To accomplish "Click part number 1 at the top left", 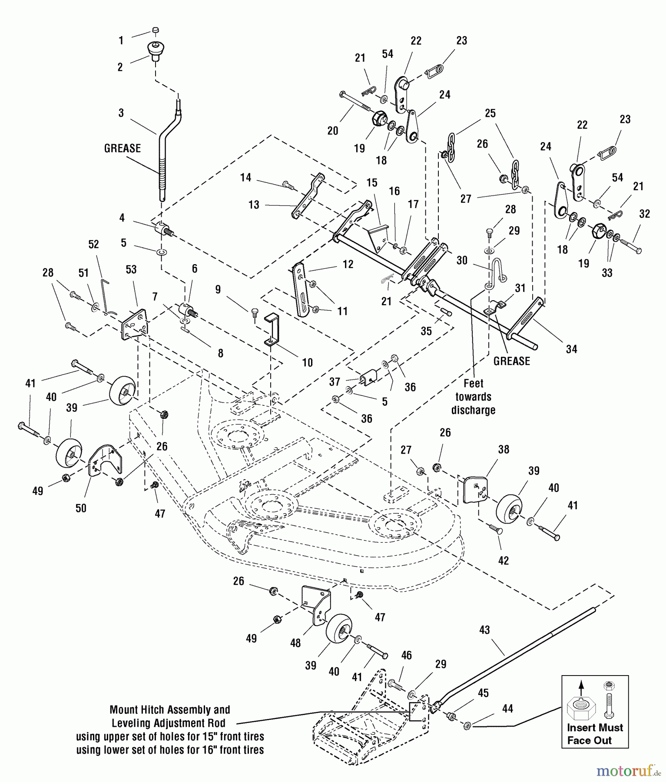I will [121, 40].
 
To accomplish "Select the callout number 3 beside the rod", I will [121, 113].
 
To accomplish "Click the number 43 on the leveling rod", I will [484, 630].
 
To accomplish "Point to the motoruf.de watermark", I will [626, 771].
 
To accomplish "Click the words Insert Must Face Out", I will [595, 734].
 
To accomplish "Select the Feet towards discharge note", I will [473, 397].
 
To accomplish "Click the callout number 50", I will [81, 508].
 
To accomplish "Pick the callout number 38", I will [504, 449].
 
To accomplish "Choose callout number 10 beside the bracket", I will [307, 362].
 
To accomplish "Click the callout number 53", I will [131, 269].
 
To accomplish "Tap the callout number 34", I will [571, 349].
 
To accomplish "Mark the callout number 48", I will [295, 643].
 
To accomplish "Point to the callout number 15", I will [372, 182].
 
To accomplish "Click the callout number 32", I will [645, 214].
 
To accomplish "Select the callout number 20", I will [333, 130].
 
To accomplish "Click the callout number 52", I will [94, 244].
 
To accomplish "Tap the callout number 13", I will [254, 205].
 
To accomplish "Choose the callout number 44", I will [507, 709].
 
